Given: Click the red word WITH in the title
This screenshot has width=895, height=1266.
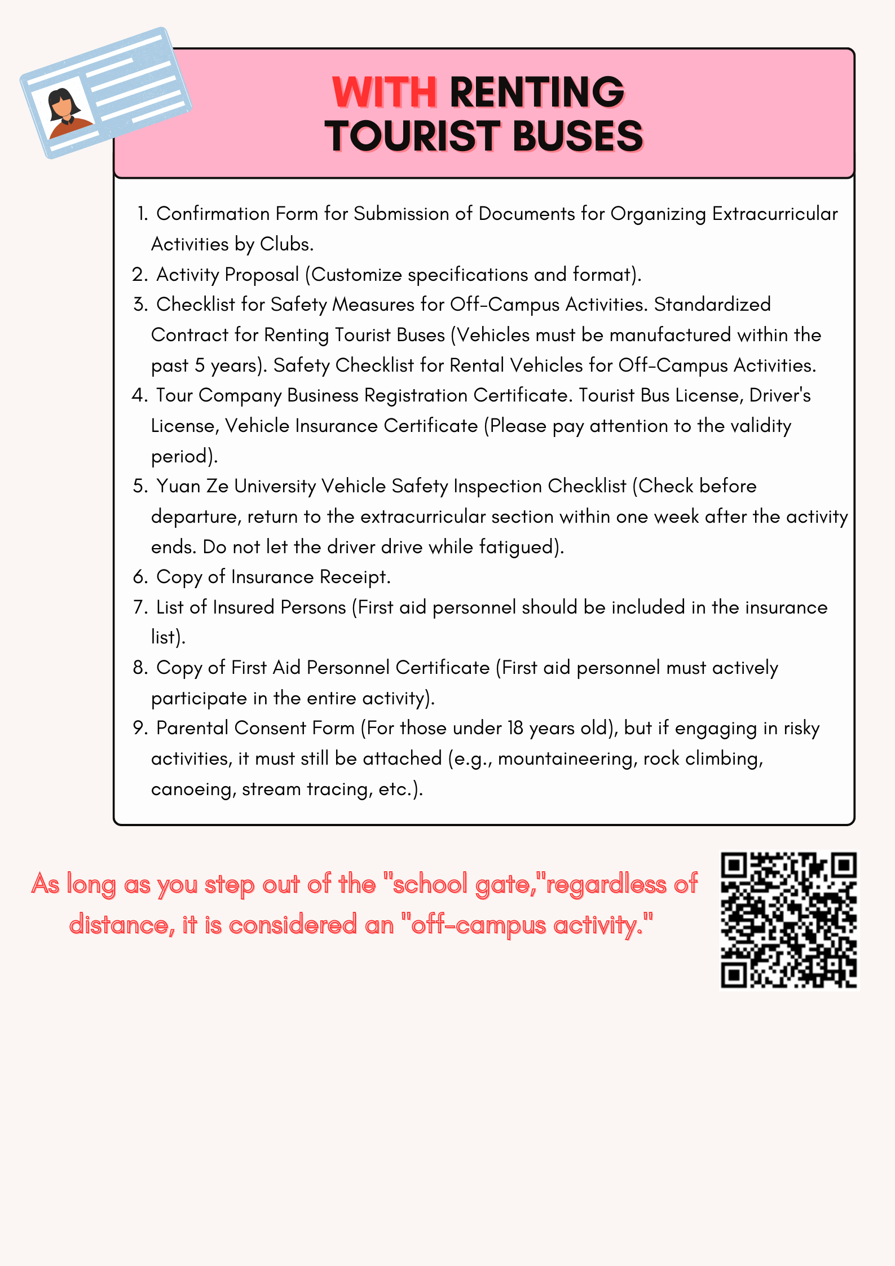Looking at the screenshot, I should pyautogui.click(x=384, y=92).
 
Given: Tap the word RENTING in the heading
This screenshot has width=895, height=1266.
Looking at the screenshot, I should pyautogui.click(x=537, y=92).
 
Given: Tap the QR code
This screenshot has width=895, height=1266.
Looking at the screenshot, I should pyautogui.click(x=789, y=920).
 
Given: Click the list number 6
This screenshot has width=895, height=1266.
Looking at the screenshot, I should pyautogui.click(x=139, y=577).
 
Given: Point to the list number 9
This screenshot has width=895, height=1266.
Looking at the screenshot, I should pyautogui.click(x=139, y=728).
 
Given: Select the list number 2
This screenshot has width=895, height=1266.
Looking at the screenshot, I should pyautogui.click(x=139, y=275).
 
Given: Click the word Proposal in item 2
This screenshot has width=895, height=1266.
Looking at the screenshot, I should pyautogui.click(x=262, y=275).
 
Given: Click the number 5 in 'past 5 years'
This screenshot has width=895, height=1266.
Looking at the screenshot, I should pyautogui.click(x=200, y=365).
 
